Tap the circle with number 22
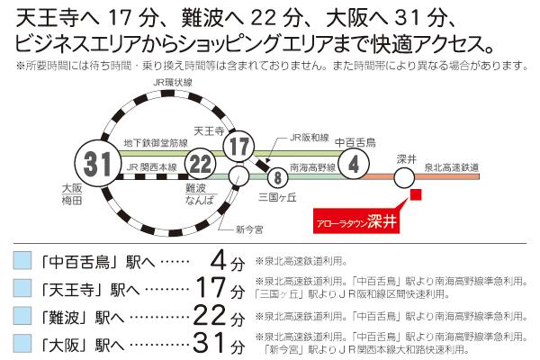tap(202, 163)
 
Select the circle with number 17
tap(239, 145)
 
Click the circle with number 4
tap(355, 164)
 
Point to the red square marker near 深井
tap(415, 194)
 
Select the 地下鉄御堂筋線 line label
tap(157, 142)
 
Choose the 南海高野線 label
tap(312, 167)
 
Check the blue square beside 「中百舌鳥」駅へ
tap(23, 262)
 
